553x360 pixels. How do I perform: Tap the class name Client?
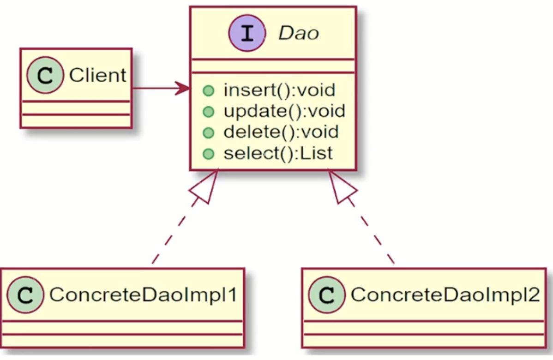click(x=97, y=75)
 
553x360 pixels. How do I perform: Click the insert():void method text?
click(x=279, y=90)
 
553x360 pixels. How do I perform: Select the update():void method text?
click(x=284, y=111)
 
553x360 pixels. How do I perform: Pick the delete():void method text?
click(x=281, y=132)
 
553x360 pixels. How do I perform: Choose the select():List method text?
click(x=278, y=153)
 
